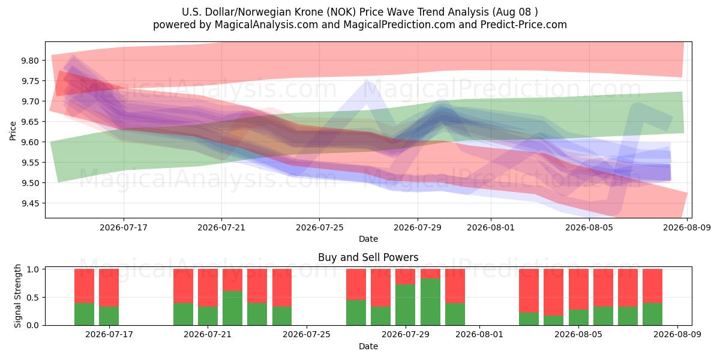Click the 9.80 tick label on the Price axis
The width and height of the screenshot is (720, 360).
coord(30,61)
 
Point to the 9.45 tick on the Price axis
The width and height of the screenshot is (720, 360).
coord(30,203)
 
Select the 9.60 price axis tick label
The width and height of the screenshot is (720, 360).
coord(30,142)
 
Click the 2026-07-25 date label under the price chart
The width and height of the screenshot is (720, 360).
coord(319,227)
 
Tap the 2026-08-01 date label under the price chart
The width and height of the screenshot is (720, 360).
coord(491,227)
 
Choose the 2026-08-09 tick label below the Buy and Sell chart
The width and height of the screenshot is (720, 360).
coord(677,335)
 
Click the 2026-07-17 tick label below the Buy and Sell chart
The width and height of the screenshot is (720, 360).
coord(109,335)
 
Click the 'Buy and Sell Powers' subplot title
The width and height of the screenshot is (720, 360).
coord(368,257)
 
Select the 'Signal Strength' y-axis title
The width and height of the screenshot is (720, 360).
coord(17,296)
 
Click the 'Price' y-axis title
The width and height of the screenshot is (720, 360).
coord(13,131)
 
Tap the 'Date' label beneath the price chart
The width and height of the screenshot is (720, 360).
coord(368,239)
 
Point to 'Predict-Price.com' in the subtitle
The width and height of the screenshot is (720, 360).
coord(524,25)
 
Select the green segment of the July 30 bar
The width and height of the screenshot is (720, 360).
coord(430,302)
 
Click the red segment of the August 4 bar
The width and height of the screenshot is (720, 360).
coord(553,292)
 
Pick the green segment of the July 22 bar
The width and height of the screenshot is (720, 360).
coord(232,308)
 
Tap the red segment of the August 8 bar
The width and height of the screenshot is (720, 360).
coord(653,286)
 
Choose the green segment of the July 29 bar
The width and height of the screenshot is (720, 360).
coord(405,305)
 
